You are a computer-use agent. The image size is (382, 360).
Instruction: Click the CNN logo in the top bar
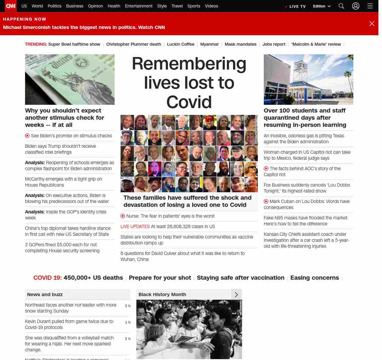[11, 6]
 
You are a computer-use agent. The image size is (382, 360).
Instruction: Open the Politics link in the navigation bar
[54, 6]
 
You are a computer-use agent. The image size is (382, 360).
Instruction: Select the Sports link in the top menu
[194, 6]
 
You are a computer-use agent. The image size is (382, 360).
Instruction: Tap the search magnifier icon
[341, 6]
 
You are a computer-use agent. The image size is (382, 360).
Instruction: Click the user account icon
[355, 6]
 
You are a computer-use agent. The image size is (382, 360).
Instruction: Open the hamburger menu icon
[370, 6]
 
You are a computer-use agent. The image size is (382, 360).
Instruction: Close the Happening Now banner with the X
[372, 24]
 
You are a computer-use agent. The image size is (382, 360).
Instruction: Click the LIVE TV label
[297, 6]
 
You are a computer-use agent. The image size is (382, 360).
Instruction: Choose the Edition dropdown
[322, 6]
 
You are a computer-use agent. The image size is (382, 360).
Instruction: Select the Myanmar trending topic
[209, 44]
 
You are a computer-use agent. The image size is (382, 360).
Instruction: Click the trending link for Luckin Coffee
[181, 44]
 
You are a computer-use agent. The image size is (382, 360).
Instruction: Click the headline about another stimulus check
[64, 118]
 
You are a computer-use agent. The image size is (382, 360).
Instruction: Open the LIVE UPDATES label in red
[135, 227]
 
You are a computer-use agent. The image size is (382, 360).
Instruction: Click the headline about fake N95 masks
[306, 221]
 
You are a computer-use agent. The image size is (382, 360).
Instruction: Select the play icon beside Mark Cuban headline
[266, 201]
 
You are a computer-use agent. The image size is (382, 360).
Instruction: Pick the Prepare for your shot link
[160, 278]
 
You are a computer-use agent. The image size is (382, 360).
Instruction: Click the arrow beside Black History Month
[236, 295]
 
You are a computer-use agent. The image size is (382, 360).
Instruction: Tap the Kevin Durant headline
[69, 324]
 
